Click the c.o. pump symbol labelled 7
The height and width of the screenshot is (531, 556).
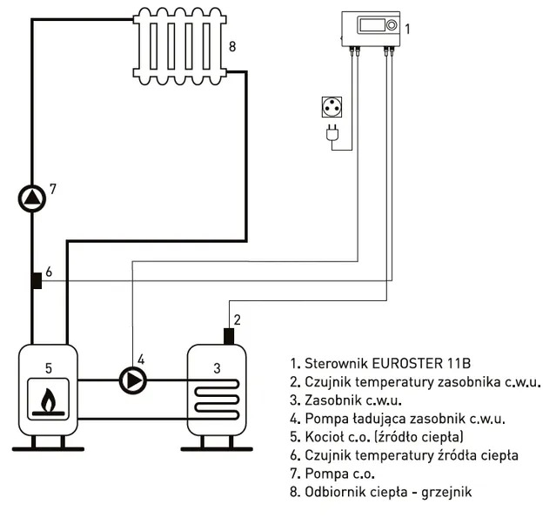pos(32,198)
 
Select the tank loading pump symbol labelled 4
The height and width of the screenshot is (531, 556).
pos(132,380)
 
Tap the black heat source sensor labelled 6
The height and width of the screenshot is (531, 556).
pos(37,280)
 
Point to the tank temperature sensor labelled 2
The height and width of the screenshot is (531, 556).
pos(229,336)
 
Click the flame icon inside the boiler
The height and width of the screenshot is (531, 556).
pos(49,400)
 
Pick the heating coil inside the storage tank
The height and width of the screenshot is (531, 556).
pos(217,400)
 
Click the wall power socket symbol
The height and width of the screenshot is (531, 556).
pos(332,107)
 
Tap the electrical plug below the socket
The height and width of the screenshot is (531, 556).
pos(332,133)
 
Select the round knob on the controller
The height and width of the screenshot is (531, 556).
pos(392,25)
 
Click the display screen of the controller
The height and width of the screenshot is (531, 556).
pos(372,25)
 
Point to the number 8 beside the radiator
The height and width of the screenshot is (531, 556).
pos(232,46)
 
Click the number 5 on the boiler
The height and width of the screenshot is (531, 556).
pos(49,368)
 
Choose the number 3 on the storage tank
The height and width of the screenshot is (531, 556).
pos(217,368)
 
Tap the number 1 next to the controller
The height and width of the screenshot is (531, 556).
pos(407,29)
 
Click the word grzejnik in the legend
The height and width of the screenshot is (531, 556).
pos(446,493)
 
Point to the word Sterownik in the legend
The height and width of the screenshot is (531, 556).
pos(337,364)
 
